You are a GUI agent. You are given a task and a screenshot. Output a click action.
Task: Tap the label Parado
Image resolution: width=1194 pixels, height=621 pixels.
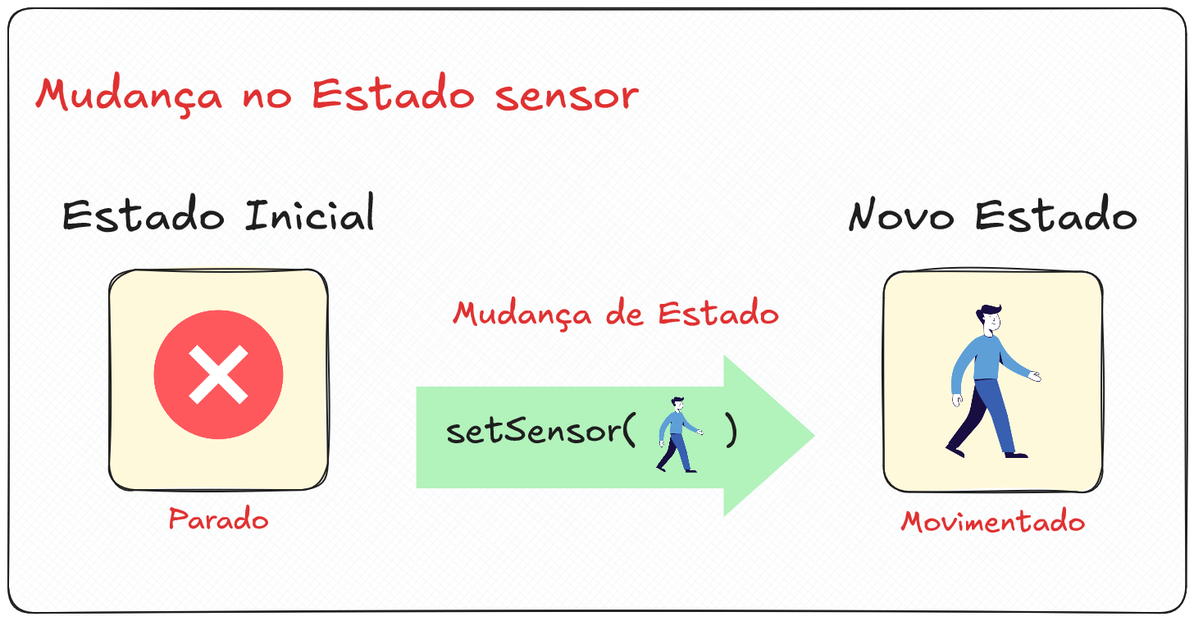tap(219, 519)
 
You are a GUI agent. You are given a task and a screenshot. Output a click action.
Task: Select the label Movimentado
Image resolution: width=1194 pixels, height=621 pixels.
tap(993, 522)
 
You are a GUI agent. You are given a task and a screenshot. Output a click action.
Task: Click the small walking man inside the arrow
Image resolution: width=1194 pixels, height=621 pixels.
tap(677, 434)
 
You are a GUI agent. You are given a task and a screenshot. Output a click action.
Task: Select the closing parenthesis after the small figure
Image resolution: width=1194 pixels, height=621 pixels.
tap(731, 432)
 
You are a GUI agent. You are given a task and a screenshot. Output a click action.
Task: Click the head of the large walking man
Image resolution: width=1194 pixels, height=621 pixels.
tap(989, 319)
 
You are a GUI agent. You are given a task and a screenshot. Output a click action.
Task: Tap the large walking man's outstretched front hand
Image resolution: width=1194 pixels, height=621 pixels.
tap(1035, 377)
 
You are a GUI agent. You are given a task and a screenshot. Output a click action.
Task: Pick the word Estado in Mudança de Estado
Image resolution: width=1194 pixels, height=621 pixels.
tap(719, 314)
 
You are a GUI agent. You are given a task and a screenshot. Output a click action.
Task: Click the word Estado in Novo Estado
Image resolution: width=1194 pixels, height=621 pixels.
tap(1056, 216)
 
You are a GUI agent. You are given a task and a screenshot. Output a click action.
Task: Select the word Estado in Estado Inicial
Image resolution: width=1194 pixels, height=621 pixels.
tap(144, 215)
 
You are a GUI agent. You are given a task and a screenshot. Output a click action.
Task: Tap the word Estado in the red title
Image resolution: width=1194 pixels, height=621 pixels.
tap(394, 96)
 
